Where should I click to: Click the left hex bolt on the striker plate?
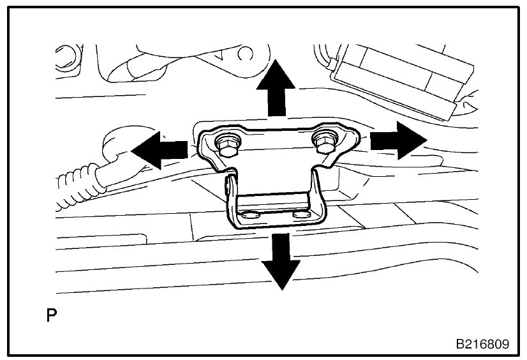pos(226,146)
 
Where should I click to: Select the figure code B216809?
pos(482,345)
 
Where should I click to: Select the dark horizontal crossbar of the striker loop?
pos(274,198)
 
